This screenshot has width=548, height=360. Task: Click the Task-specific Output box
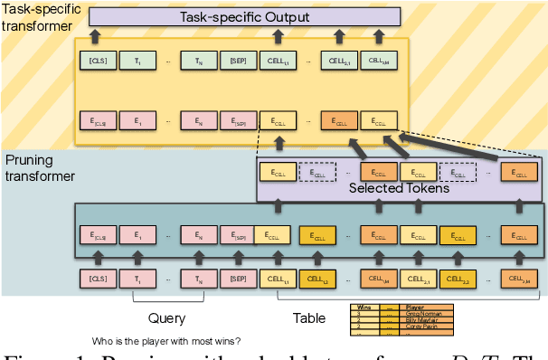pyautogui.click(x=244, y=15)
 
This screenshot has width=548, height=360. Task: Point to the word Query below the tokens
pyautogui.click(x=166, y=317)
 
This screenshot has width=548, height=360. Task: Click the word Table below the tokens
pyautogui.click(x=309, y=317)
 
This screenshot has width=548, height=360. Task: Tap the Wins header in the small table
pyautogui.click(x=364, y=308)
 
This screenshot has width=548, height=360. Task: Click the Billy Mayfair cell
pyautogui.click(x=420, y=320)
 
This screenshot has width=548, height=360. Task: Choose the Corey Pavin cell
pyautogui.click(x=420, y=327)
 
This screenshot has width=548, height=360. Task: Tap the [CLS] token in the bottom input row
pyautogui.click(x=97, y=280)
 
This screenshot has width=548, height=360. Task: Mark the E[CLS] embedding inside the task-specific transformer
pyautogui.click(x=97, y=119)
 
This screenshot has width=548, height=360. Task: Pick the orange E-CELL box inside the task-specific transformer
pyautogui.click(x=337, y=119)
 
